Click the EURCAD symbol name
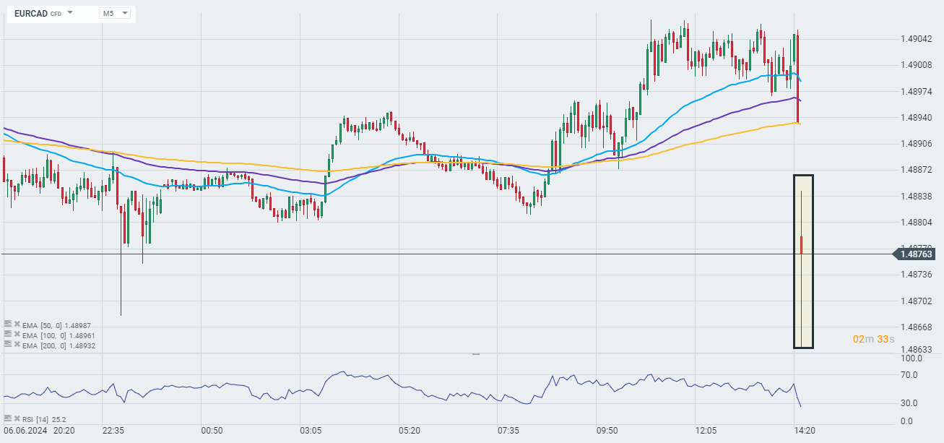30,13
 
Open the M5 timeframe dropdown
115,13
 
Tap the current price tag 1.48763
916,254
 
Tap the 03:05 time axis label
311,430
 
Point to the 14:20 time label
805,430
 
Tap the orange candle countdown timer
873,339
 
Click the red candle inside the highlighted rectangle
802,244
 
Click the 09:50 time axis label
607,430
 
